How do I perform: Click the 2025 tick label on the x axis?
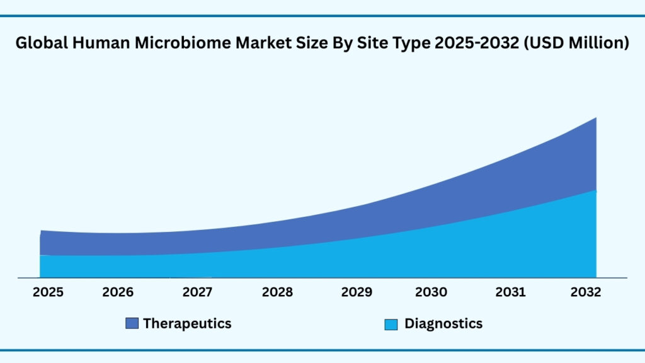(x=48, y=292)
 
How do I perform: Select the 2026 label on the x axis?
(x=118, y=292)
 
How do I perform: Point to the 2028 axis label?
(x=277, y=292)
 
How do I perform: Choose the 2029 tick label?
(x=357, y=292)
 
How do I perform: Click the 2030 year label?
(x=431, y=292)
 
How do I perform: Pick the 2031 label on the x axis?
(x=510, y=292)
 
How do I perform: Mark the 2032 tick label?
(x=586, y=292)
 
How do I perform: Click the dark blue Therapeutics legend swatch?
(x=132, y=324)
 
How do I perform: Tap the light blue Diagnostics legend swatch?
(x=391, y=325)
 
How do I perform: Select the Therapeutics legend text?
(x=187, y=323)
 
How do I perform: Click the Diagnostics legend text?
(x=443, y=323)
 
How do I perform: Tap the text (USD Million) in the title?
(x=580, y=43)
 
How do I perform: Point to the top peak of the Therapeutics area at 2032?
(x=596, y=118)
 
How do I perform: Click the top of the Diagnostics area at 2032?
(x=596, y=190)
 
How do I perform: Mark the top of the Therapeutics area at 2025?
(x=42, y=231)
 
